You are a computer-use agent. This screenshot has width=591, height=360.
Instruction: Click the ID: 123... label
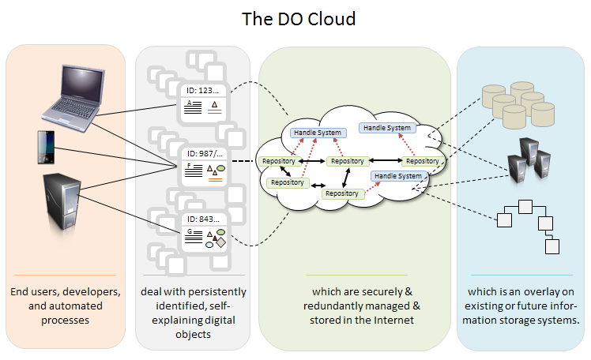203,91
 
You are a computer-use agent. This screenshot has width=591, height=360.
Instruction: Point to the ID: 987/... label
203,153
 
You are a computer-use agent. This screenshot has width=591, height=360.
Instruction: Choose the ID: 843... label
203,218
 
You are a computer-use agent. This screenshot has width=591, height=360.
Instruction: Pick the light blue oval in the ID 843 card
209,244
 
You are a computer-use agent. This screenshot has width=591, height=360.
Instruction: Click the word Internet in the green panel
395,321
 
